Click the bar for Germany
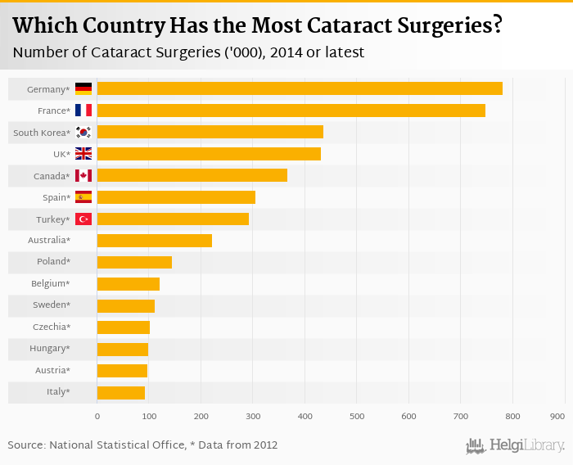[x=300, y=88]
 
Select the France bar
[x=291, y=111]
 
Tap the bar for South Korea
[x=210, y=132]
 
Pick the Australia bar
[x=155, y=241]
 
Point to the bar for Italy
[x=121, y=393]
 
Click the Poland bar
[x=134, y=262]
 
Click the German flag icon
[x=83, y=88]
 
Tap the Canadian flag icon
[x=83, y=176]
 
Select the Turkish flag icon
[x=83, y=219]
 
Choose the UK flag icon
[x=83, y=154]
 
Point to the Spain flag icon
[x=83, y=197]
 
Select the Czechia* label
[x=52, y=327]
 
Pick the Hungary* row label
[x=51, y=349]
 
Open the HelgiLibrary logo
[x=515, y=446]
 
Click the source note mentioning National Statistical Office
[x=142, y=445]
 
